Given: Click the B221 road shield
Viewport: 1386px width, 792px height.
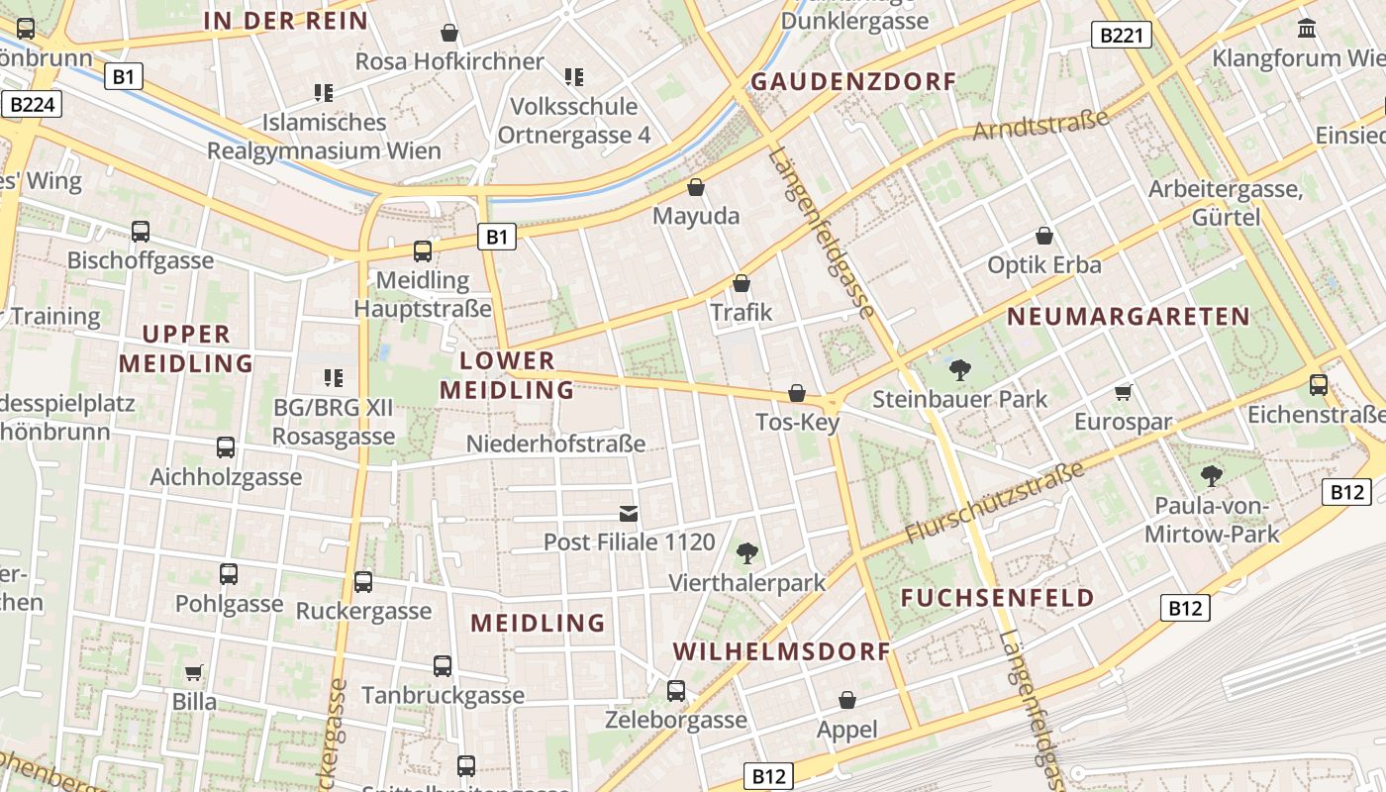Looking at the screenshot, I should (x=1123, y=36).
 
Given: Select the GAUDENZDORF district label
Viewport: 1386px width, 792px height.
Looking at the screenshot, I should (x=853, y=82).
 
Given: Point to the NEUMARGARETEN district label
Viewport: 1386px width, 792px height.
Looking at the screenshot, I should (x=1129, y=317).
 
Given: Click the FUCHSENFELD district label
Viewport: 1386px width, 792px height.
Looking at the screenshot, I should (x=998, y=598).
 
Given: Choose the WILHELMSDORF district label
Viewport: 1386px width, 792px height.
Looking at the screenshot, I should (x=782, y=651).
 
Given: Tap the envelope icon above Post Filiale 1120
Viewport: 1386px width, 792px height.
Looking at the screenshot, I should (x=629, y=513).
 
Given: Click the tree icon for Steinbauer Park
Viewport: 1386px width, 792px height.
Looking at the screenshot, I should (x=959, y=370).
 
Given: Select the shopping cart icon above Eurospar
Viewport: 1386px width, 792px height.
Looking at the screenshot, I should (x=1123, y=393).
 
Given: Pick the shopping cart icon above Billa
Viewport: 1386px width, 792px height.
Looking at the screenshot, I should (x=194, y=673).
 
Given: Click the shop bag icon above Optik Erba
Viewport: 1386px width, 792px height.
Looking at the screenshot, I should (x=1043, y=236).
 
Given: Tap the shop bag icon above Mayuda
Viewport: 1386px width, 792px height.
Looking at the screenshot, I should (x=696, y=186).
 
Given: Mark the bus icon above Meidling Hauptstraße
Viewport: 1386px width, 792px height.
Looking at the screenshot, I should (x=423, y=250).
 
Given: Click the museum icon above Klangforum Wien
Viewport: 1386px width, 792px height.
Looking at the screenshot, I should (x=1306, y=29).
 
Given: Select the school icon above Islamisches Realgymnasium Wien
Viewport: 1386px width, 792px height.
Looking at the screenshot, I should (x=324, y=93).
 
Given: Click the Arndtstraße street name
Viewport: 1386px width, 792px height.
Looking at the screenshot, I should (x=1040, y=126).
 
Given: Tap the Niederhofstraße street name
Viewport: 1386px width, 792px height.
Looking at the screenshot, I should (x=555, y=444).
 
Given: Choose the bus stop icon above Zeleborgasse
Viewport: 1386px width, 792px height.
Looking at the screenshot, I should (x=676, y=690).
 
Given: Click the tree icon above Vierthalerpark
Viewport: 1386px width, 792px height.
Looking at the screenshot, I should (x=747, y=552).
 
